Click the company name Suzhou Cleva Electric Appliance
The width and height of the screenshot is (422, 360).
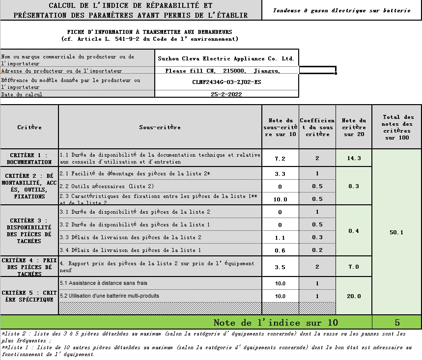(x=226, y=58)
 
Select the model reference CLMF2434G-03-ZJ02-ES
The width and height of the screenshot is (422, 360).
(x=226, y=82)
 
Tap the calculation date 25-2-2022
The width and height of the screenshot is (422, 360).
(x=226, y=94)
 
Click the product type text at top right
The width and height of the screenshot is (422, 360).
(x=341, y=10)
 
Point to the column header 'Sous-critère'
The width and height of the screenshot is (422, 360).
(x=160, y=127)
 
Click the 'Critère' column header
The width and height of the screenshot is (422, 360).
(x=29, y=127)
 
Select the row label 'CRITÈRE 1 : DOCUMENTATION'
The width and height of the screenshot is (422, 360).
(x=29, y=158)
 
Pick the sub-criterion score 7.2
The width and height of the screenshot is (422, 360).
(x=280, y=159)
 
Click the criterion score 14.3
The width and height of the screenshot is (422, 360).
(x=354, y=158)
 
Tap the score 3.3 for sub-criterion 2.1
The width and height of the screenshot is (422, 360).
(x=280, y=174)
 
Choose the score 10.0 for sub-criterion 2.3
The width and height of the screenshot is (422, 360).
(x=280, y=199)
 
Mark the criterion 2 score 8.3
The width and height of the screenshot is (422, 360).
(x=354, y=186)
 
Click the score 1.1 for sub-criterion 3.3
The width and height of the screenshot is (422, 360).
(x=280, y=238)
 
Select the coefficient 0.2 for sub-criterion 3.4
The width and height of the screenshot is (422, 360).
(x=317, y=250)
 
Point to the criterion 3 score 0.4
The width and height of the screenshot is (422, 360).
(x=354, y=231)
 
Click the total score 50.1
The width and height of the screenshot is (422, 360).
(x=396, y=232)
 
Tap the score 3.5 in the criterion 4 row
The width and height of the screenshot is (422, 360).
(x=280, y=267)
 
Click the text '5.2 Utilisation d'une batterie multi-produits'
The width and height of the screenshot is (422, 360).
(x=110, y=296)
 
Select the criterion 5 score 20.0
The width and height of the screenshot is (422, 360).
(x=354, y=296)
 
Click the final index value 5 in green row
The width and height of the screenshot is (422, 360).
(x=397, y=323)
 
